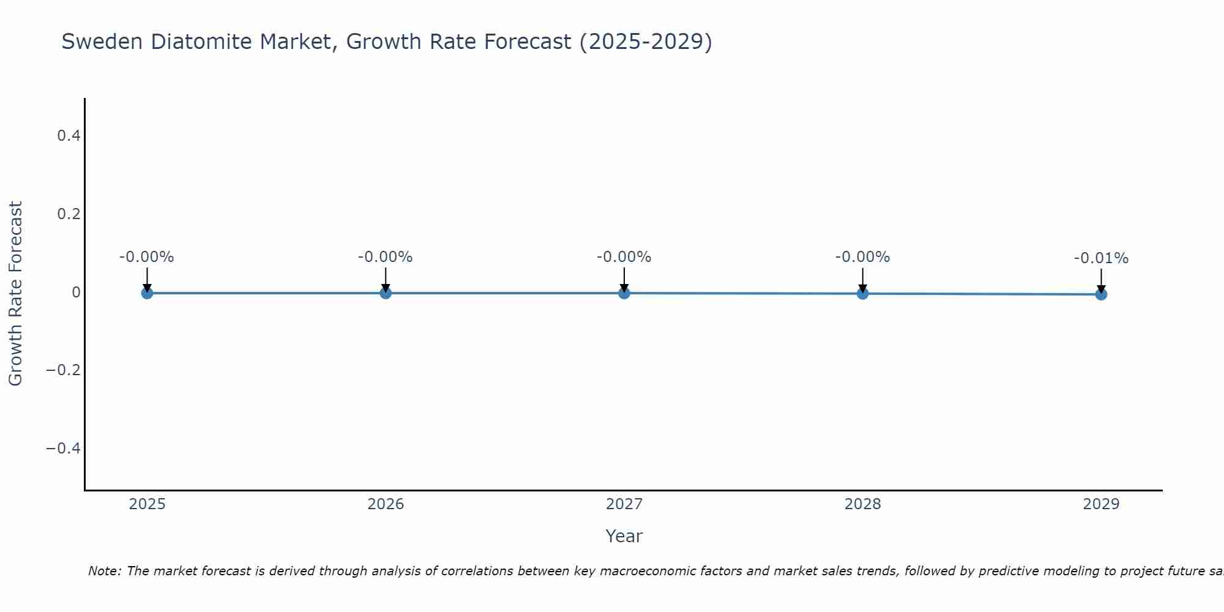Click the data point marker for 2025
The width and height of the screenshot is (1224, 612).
(x=147, y=293)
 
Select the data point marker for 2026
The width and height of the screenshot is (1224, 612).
(x=386, y=293)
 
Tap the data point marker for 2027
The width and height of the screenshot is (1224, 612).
(x=624, y=293)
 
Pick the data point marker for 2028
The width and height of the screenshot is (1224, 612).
(x=862, y=294)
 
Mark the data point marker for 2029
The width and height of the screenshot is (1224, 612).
(x=1101, y=294)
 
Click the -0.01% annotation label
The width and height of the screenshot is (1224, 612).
(x=1101, y=258)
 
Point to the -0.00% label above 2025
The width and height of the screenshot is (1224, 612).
(x=147, y=257)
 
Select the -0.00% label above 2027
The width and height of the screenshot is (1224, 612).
(x=624, y=257)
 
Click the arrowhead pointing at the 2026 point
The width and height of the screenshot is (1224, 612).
(x=386, y=288)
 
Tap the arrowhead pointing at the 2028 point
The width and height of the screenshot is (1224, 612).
(x=862, y=288)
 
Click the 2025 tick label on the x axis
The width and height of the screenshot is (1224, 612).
(x=147, y=504)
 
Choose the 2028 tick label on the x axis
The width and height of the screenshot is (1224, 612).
(x=862, y=504)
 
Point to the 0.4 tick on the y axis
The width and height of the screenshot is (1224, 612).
(x=69, y=136)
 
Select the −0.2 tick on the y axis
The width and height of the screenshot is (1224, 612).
(x=64, y=370)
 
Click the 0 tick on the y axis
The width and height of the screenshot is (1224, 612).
(x=76, y=293)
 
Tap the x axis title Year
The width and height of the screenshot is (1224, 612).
(x=624, y=536)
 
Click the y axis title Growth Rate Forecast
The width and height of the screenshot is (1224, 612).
(x=16, y=293)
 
